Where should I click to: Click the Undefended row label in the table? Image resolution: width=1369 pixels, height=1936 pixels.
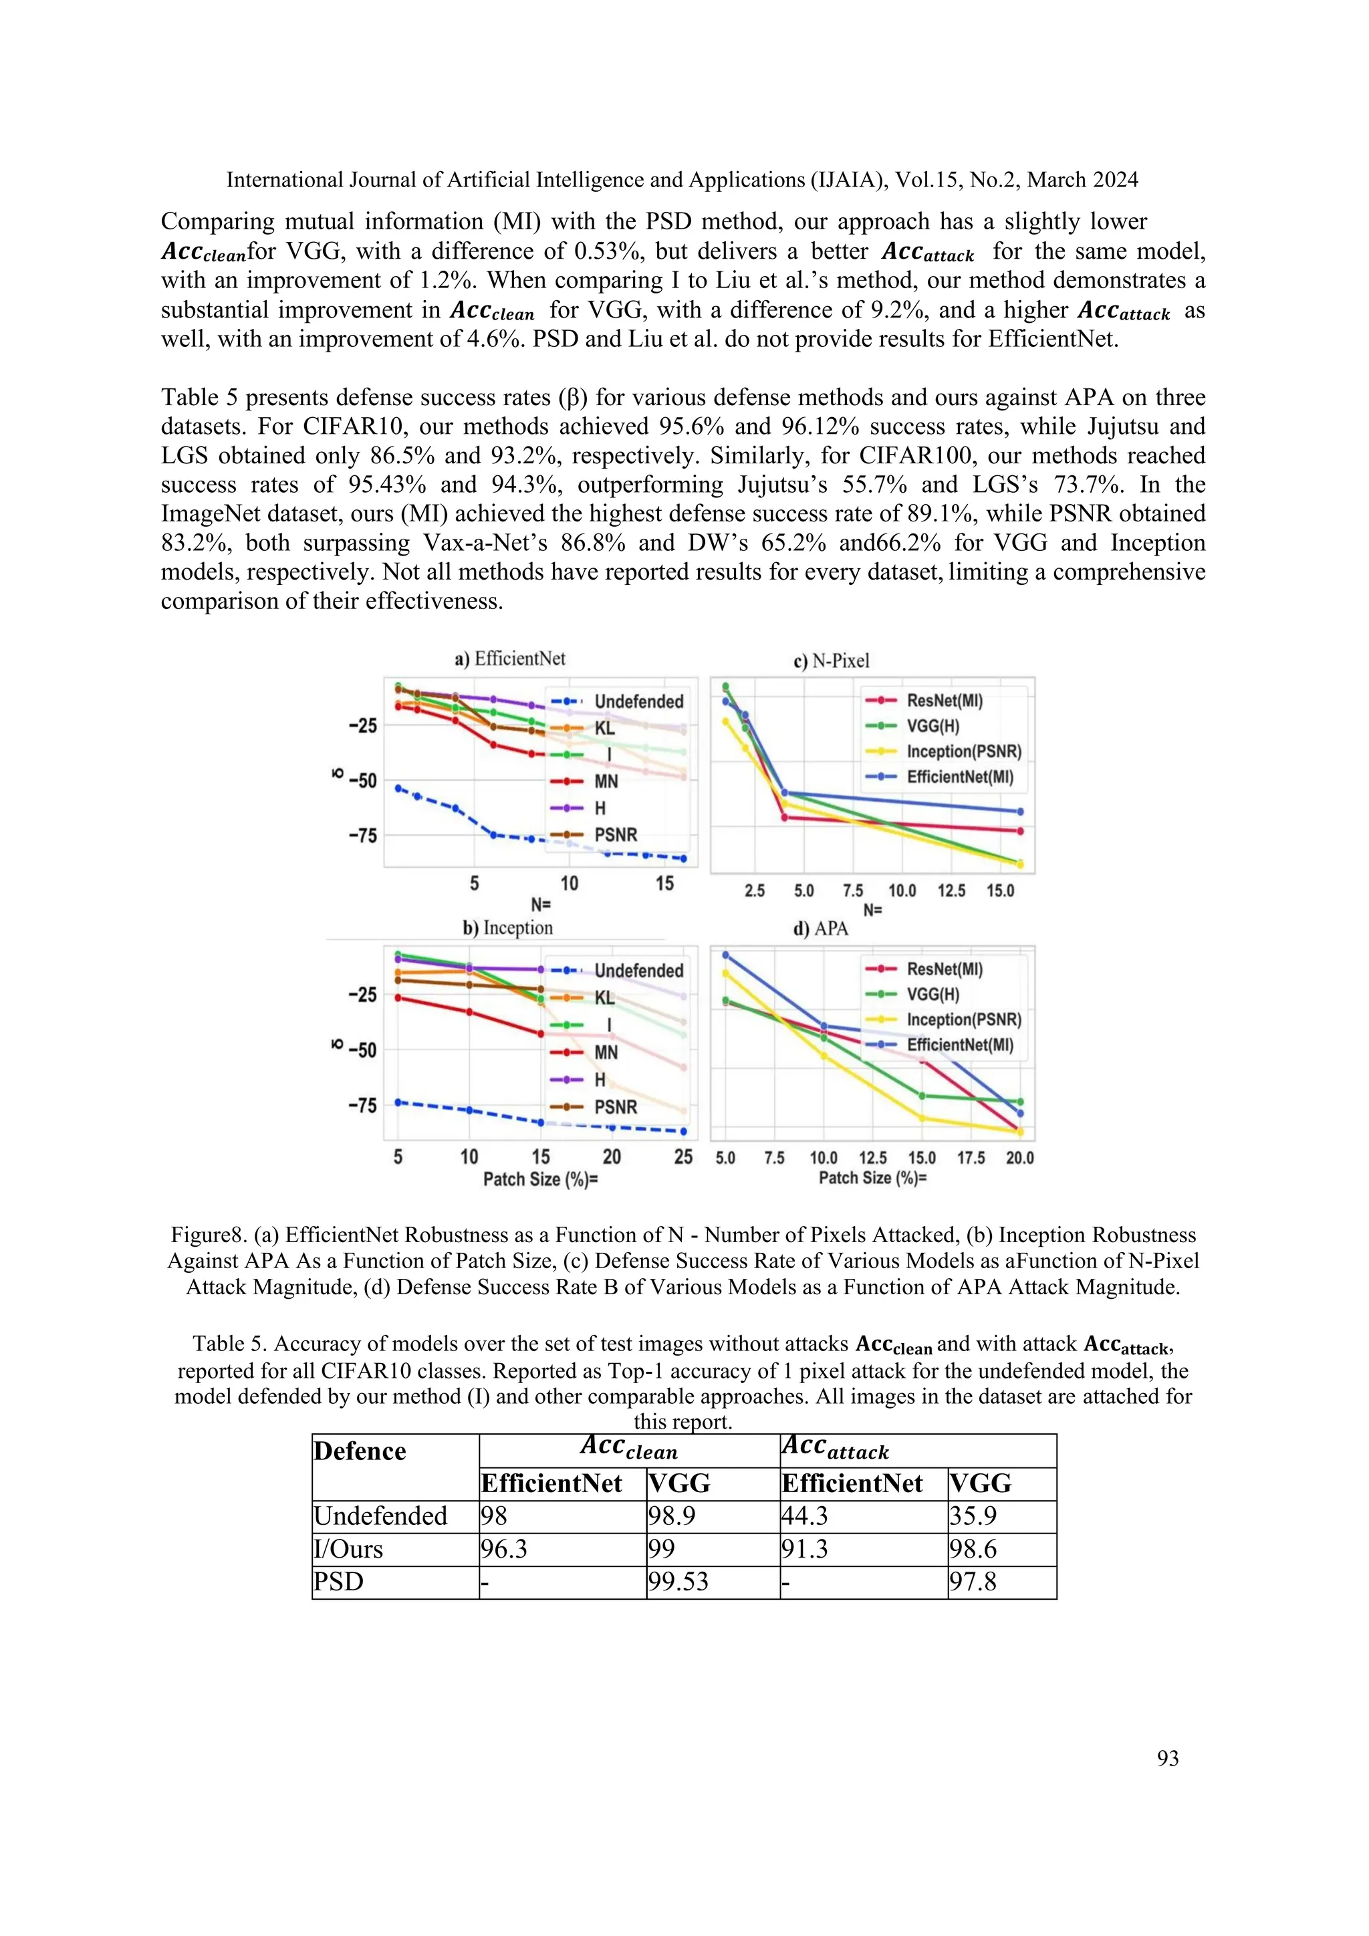pyautogui.click(x=380, y=1516)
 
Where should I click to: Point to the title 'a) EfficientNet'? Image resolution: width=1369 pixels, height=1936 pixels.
pyautogui.click(x=510, y=658)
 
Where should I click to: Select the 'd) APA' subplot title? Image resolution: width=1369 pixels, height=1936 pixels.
pyautogui.click(x=820, y=929)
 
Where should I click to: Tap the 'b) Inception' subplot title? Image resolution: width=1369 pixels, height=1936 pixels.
pyautogui.click(x=507, y=927)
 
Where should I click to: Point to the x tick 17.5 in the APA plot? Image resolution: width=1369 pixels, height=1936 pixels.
pyautogui.click(x=971, y=1158)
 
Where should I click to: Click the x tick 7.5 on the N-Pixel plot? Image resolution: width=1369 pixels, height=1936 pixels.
pyautogui.click(x=852, y=890)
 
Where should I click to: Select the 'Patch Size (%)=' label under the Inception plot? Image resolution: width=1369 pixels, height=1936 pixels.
pyautogui.click(x=540, y=1179)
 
